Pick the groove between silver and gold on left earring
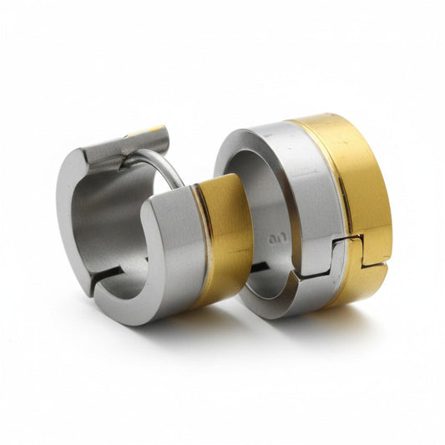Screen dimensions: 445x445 coord(200,242)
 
